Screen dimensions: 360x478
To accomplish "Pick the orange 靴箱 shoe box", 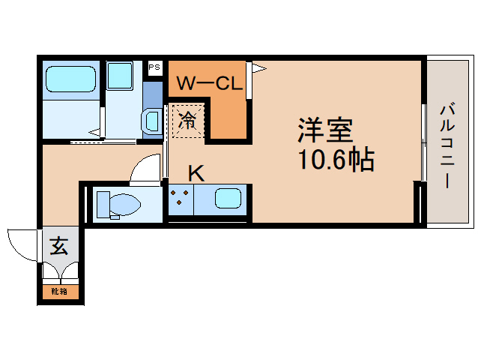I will (x=59, y=290).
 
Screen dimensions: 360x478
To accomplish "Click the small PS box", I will (x=155, y=67).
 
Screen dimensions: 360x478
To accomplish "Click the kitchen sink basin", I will (x=228, y=199).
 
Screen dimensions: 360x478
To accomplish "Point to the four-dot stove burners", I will (x=180, y=199).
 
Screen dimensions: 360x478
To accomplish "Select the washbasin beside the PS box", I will (x=153, y=120).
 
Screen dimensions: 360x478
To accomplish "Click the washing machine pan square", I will (x=120, y=76).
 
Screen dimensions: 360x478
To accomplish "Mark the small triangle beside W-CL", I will (x=258, y=69).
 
